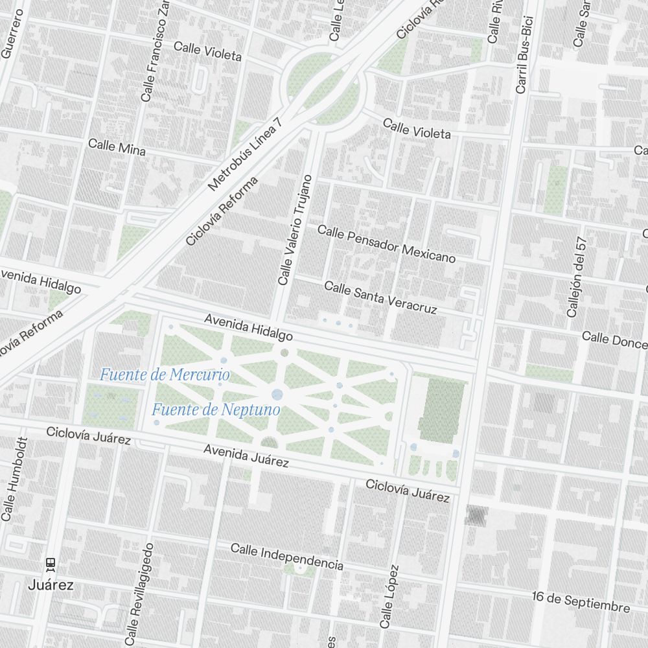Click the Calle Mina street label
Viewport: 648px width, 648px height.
[x=117, y=146]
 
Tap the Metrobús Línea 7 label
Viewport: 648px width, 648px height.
[x=246, y=154]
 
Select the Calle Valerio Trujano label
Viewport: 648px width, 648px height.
[x=295, y=230]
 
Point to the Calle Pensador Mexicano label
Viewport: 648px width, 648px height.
[x=386, y=244]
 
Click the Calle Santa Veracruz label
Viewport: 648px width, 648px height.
[x=380, y=297]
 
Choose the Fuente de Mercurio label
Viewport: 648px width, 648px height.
[x=165, y=375]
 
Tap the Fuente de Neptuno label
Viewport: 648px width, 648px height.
[x=216, y=410]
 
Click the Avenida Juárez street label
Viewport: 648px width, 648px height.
[x=246, y=456]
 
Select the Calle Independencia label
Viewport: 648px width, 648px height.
[x=287, y=557]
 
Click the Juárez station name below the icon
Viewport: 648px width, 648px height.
[x=51, y=585]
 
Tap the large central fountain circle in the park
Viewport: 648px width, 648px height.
[x=277, y=394]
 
